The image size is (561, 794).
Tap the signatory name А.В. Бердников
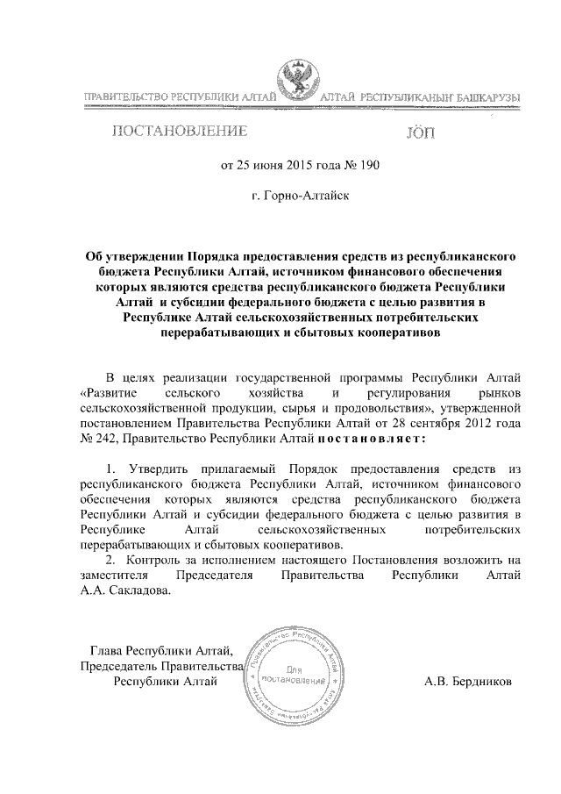467,681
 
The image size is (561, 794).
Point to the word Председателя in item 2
215,575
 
